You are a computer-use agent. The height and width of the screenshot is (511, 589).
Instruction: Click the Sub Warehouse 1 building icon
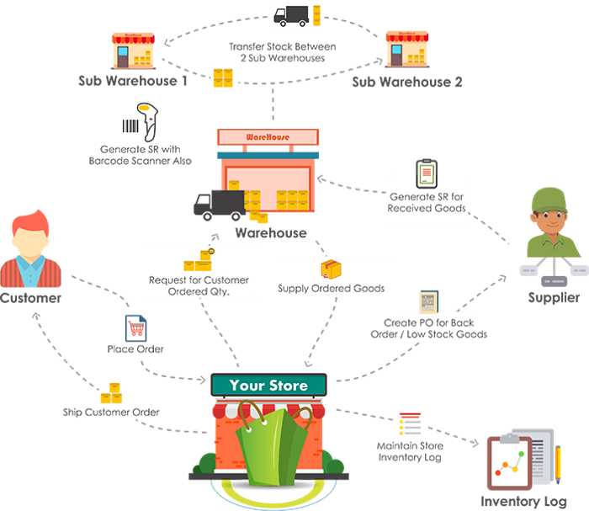(x=133, y=51)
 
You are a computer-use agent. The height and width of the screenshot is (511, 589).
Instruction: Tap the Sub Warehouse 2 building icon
(x=407, y=49)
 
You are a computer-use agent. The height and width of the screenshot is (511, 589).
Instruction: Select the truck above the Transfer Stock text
(x=291, y=16)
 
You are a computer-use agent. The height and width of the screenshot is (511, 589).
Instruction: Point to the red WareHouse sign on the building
(x=268, y=137)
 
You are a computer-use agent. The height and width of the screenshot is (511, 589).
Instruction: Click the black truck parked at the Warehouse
(x=220, y=205)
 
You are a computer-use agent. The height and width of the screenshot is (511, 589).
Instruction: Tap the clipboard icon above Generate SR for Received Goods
(x=427, y=173)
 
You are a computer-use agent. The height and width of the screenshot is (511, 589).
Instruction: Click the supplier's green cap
(x=549, y=200)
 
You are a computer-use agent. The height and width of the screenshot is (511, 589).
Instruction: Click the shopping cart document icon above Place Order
(x=135, y=328)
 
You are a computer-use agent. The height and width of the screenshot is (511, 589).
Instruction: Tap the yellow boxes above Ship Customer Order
(x=111, y=393)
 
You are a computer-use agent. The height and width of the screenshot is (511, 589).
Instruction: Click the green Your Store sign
(x=268, y=385)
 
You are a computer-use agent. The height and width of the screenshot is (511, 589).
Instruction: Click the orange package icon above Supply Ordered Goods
(x=331, y=269)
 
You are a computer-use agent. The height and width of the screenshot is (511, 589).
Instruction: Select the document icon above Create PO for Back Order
(x=428, y=301)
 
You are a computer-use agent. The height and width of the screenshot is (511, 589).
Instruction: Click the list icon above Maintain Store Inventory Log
(x=410, y=423)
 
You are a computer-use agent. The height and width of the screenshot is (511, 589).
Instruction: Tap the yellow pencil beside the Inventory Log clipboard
(x=558, y=465)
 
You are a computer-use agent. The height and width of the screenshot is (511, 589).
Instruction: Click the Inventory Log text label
(x=523, y=502)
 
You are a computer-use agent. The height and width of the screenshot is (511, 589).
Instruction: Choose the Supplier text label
(x=554, y=297)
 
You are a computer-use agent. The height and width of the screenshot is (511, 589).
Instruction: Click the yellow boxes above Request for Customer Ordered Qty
(x=199, y=259)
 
